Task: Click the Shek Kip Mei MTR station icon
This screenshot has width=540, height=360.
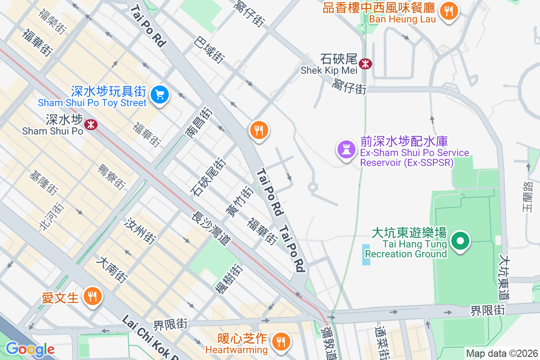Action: pos(365,63)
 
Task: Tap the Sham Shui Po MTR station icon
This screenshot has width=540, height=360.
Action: pos(91,124)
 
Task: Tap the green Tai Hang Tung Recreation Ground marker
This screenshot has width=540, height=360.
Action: pos(460,241)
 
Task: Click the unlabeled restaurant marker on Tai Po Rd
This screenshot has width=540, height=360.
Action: pos(259,130)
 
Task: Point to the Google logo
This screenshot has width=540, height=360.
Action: pos(30,349)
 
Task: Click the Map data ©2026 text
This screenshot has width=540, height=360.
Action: pos(501,354)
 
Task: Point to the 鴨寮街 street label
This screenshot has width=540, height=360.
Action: pos(110,177)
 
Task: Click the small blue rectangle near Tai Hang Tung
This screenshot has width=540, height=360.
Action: pos(366,254)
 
